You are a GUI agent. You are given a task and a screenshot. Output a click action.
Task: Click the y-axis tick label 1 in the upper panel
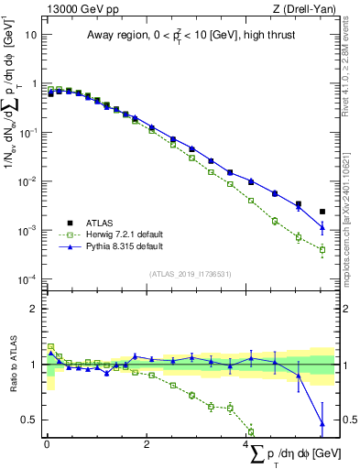[x=33, y=83]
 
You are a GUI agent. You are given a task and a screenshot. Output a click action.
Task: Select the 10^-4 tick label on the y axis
[x=28, y=278]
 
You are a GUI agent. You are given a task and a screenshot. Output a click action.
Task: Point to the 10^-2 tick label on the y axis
[x=28, y=180]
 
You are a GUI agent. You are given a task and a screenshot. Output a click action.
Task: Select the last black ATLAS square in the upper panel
[x=322, y=212]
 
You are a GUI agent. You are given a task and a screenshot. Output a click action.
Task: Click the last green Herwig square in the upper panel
[x=322, y=249]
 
